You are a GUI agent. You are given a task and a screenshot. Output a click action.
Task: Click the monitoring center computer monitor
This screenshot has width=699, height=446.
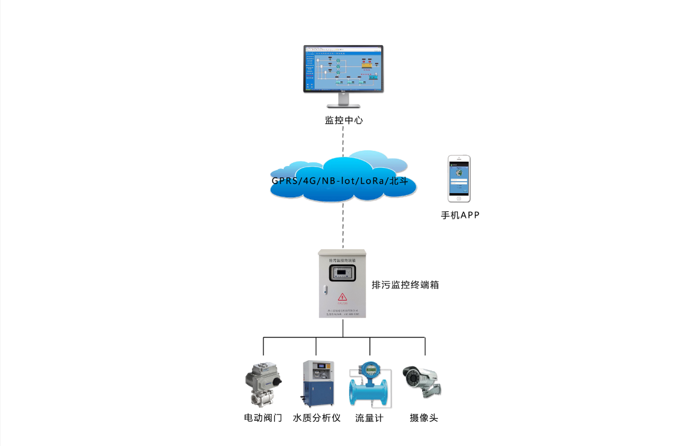click(x=343, y=69)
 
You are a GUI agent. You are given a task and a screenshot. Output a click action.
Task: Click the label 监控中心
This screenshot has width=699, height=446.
click(x=344, y=120)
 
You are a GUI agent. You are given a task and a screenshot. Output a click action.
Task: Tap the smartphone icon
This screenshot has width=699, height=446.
click(x=459, y=179)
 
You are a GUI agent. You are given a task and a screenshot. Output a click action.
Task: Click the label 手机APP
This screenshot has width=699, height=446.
click(x=460, y=215)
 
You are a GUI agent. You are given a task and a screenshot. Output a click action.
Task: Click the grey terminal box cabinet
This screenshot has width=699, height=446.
click(x=343, y=284)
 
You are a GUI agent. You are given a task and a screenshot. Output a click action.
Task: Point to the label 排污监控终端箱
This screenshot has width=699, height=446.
click(x=405, y=285)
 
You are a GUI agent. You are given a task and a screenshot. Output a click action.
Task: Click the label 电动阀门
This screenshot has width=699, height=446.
click(x=263, y=418)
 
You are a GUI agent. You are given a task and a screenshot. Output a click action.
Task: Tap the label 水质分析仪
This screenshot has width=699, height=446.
click(x=317, y=418)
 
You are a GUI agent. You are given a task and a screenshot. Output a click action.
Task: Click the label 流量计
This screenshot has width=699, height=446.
click(x=369, y=418)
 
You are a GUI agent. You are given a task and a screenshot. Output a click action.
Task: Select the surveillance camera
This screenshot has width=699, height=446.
click(x=422, y=381)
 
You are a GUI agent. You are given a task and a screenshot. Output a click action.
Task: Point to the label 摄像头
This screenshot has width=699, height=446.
click(x=424, y=418)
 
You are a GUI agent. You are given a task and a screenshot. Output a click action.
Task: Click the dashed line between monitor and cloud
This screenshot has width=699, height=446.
click(x=343, y=140)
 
